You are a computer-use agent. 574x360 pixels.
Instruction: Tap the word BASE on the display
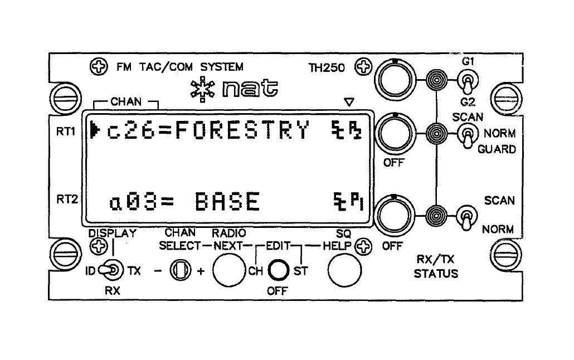[x=228, y=201]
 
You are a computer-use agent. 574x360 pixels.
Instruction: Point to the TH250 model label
[x=327, y=68]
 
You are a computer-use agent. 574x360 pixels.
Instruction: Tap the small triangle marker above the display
[x=349, y=102]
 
